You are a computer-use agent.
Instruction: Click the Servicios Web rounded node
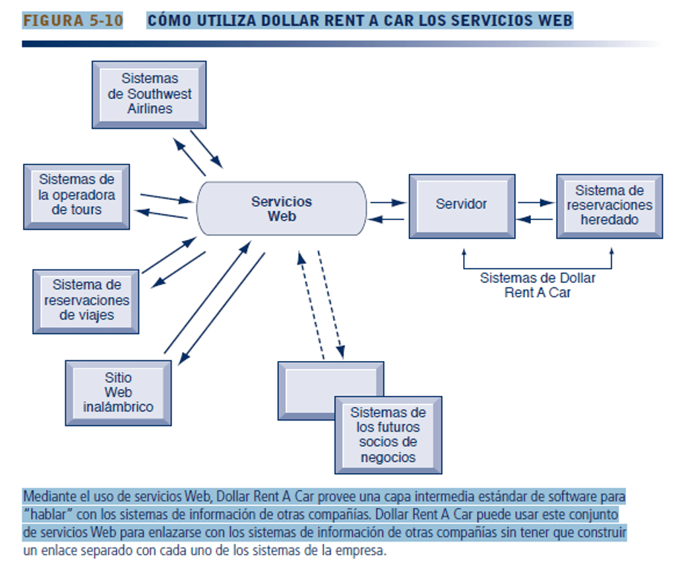281,209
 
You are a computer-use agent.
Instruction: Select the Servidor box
461,204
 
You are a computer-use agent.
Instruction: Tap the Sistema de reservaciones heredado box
609,205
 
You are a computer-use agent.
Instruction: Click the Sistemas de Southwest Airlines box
149,94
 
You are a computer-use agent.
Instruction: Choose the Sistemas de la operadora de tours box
77,195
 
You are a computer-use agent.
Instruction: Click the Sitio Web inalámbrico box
118,392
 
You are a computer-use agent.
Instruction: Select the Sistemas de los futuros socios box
387,435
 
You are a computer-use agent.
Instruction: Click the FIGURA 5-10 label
73,21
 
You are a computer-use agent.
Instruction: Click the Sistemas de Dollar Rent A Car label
538,285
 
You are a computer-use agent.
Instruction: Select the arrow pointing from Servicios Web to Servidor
387,201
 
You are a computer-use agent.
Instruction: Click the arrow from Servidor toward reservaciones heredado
535,201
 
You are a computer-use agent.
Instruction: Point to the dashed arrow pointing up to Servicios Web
312,305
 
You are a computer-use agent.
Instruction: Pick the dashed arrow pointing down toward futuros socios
330,305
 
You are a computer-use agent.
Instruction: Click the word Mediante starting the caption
51,495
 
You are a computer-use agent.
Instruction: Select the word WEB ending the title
557,21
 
